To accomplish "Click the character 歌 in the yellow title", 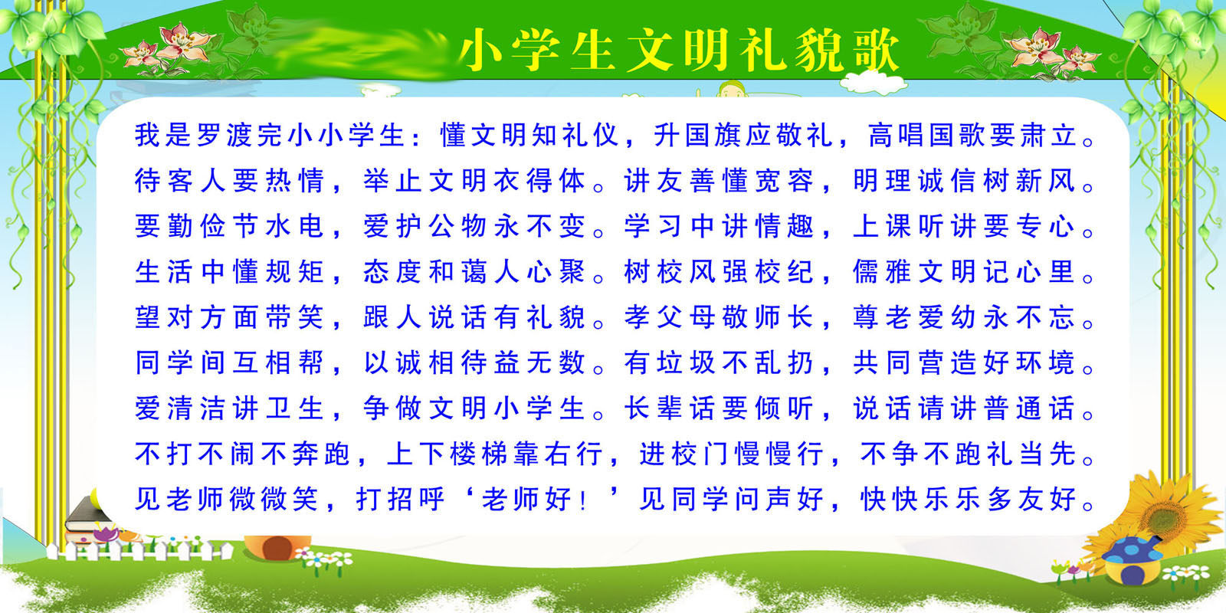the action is [x=876, y=51].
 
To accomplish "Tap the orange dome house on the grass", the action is [x=277, y=547].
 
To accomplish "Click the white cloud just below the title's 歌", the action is [x=873, y=84].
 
